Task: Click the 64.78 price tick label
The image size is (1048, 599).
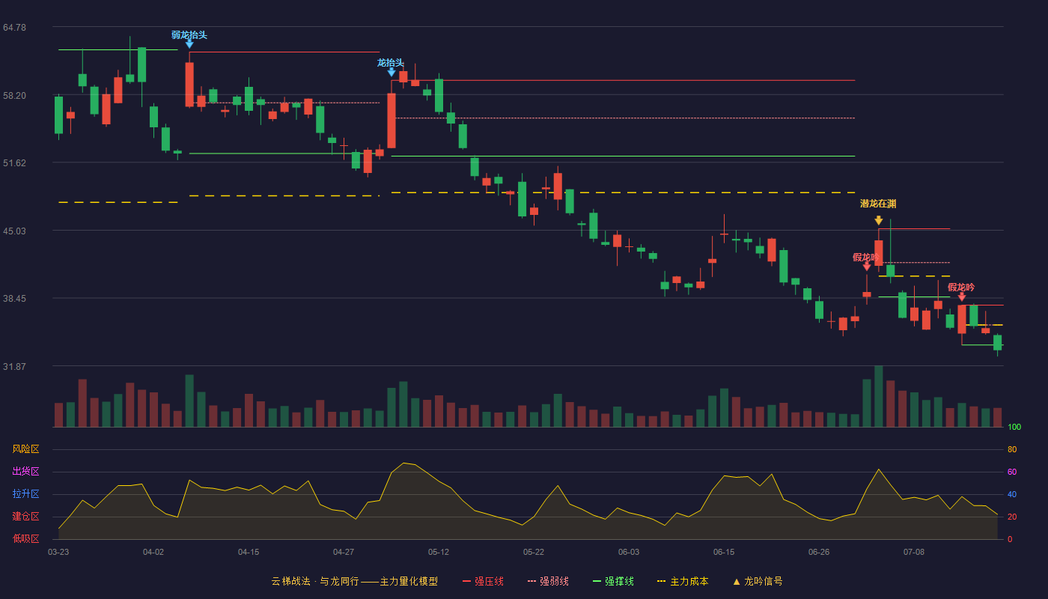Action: (14, 28)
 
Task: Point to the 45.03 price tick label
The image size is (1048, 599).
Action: (14, 231)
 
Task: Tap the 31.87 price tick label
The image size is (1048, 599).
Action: (14, 366)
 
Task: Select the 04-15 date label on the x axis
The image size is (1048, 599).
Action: (249, 553)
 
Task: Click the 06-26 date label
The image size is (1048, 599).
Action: (819, 553)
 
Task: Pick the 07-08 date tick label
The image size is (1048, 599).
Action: (914, 553)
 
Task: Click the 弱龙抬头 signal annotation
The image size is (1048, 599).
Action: (189, 35)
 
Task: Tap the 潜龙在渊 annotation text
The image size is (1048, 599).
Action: (878, 204)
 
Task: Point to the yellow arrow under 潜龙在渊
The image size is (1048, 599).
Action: (879, 220)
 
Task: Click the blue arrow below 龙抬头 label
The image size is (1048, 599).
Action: (392, 73)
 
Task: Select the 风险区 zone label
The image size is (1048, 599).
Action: (25, 449)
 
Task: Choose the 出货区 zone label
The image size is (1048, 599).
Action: (25, 471)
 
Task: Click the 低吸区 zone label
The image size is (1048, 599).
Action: (25, 538)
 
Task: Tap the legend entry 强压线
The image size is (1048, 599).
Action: (484, 581)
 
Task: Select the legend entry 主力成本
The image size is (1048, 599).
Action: (683, 581)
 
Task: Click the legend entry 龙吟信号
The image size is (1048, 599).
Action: (758, 581)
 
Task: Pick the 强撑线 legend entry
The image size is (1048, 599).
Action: (613, 581)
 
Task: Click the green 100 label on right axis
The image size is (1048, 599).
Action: (1014, 427)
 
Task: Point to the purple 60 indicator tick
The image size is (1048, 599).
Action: (1012, 472)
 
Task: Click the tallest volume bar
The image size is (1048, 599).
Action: (879, 396)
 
